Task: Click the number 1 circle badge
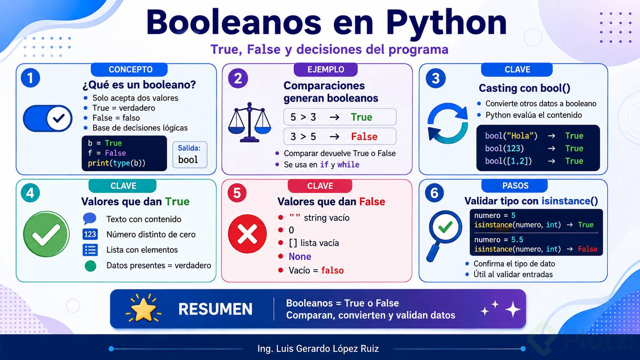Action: (x=30, y=78)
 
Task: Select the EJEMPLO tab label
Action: (x=326, y=69)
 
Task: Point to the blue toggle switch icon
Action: (x=48, y=118)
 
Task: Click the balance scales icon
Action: (x=250, y=122)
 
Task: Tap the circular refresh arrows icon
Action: (x=448, y=123)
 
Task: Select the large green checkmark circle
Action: (x=46, y=234)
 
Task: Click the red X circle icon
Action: (x=247, y=234)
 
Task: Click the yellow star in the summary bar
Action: (x=143, y=309)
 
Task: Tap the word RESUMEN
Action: (x=216, y=309)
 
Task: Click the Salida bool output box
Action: (x=190, y=155)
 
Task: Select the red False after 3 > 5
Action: (x=364, y=137)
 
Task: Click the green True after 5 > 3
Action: (x=361, y=117)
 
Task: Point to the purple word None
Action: (x=300, y=256)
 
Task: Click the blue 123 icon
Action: (x=90, y=235)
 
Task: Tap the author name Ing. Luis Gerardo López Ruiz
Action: (x=318, y=349)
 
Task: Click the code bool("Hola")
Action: (x=511, y=135)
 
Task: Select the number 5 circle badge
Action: (x=237, y=193)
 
